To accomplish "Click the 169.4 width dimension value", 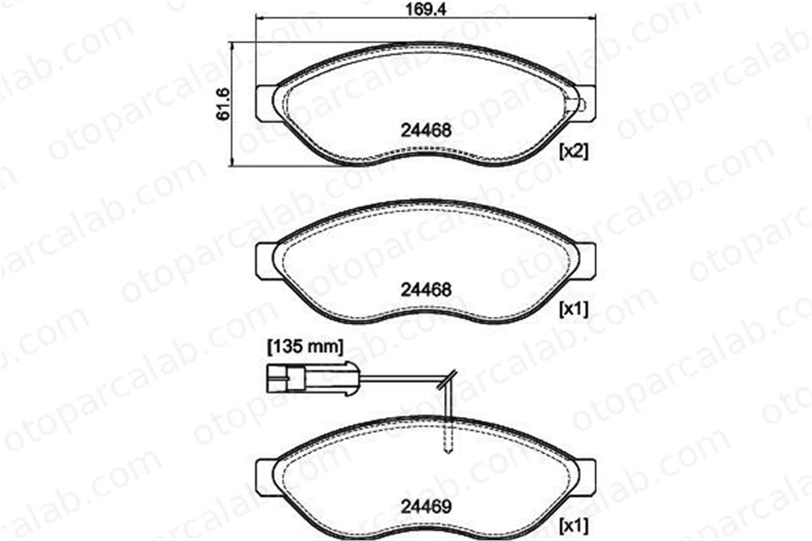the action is pyautogui.click(x=426, y=9).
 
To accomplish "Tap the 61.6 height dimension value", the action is pyautogui.click(x=223, y=104).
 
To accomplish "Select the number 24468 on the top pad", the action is pyautogui.click(x=426, y=130).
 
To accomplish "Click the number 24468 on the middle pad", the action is pyautogui.click(x=426, y=290).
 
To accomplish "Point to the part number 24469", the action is pyautogui.click(x=426, y=507).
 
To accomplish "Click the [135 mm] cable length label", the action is pyautogui.click(x=305, y=347).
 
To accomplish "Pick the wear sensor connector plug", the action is pyautogui.click(x=313, y=379).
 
